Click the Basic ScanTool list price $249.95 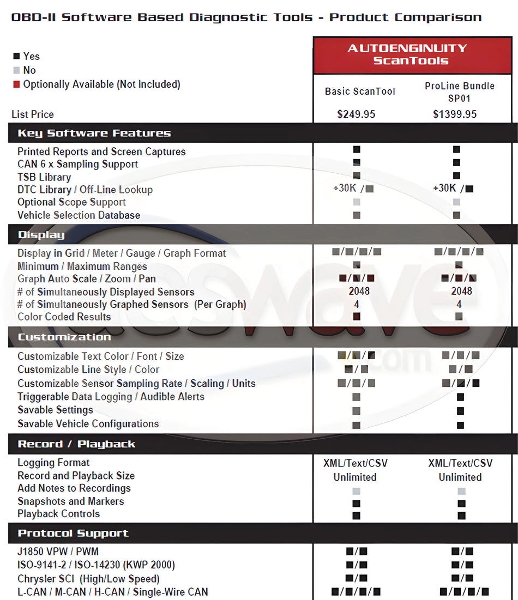(356, 114)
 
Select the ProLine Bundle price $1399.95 (455, 114)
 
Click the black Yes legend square (16, 56)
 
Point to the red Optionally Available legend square (16, 84)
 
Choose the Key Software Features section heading (94, 133)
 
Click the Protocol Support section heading (73, 533)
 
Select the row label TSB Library (44, 177)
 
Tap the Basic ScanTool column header (360, 92)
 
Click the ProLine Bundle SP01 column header (459, 92)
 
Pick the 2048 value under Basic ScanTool (359, 291)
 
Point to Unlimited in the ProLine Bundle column (460, 477)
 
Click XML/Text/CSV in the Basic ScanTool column (355, 463)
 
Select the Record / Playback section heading (76, 444)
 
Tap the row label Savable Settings (55, 410)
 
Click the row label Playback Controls (58, 514)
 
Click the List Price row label (33, 114)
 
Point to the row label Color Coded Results (64, 317)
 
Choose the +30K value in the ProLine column (444, 188)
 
